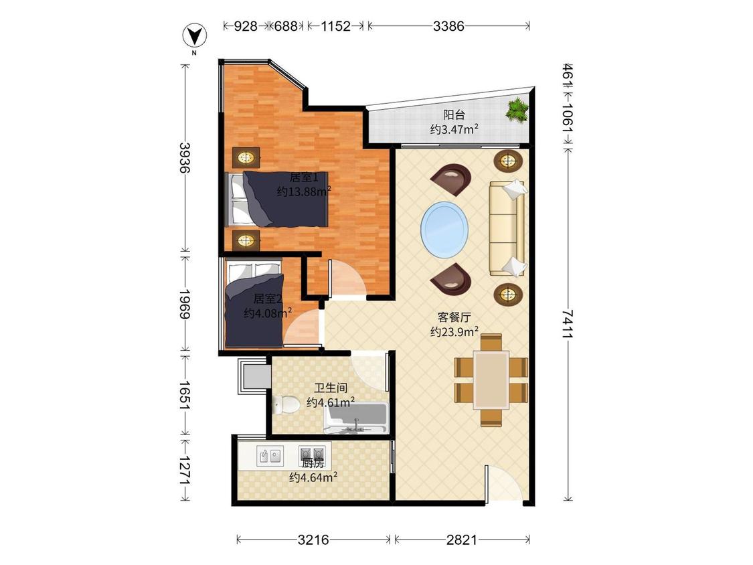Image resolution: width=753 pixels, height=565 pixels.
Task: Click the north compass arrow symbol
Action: pyautogui.click(x=195, y=36)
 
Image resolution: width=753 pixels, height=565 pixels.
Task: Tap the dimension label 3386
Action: pyautogui.click(x=448, y=26)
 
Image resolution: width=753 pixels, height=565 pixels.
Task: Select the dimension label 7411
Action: pyautogui.click(x=568, y=323)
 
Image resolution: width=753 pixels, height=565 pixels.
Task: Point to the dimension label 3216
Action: pyautogui.click(x=313, y=540)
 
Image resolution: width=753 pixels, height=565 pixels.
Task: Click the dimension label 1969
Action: pyautogui.click(x=185, y=304)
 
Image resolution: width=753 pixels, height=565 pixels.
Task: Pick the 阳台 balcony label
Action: pyautogui.click(x=454, y=115)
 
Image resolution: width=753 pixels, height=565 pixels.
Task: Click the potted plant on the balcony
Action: pyautogui.click(x=517, y=110)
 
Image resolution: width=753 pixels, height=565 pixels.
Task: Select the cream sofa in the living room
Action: pyautogui.click(x=508, y=228)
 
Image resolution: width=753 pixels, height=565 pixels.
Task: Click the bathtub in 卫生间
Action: pyautogui.click(x=356, y=418)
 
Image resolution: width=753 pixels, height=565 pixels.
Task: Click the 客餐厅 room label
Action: pyautogui.click(x=454, y=317)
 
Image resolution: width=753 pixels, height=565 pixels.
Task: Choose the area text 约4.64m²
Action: pyautogui.click(x=313, y=477)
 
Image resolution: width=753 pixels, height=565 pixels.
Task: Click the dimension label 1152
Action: pyautogui.click(x=336, y=26)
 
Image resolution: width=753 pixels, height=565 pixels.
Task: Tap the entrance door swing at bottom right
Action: pyautogui.click(x=502, y=483)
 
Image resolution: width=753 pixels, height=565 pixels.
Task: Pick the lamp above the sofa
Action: pyautogui.click(x=508, y=161)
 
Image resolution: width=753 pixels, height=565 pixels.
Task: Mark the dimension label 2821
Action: pyautogui.click(x=461, y=540)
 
